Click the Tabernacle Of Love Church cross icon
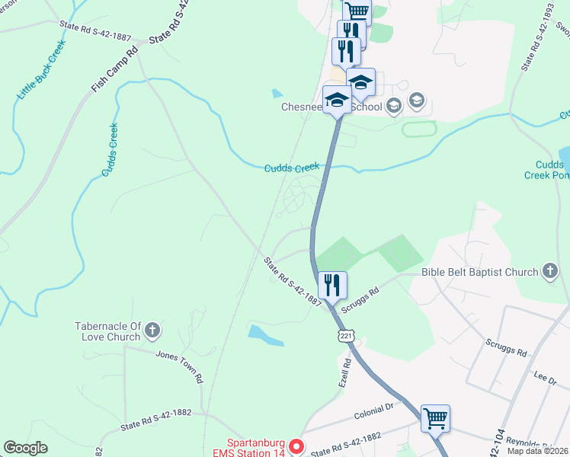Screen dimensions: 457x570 [152, 331]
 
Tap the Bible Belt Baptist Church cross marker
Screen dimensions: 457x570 [550, 271]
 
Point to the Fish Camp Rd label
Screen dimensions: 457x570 [114, 69]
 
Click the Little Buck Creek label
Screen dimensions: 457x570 [43, 69]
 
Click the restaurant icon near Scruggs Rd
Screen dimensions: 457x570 [332, 286]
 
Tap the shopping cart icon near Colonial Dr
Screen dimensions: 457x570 [435, 417]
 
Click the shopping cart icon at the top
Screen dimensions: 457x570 [357, 11]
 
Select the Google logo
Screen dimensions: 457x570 [25, 448]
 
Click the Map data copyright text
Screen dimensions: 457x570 [537, 451]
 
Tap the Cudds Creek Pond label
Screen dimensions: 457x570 [547, 169]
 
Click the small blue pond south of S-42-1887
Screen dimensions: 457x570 [265, 335]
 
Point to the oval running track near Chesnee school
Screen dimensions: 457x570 [419, 129]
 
